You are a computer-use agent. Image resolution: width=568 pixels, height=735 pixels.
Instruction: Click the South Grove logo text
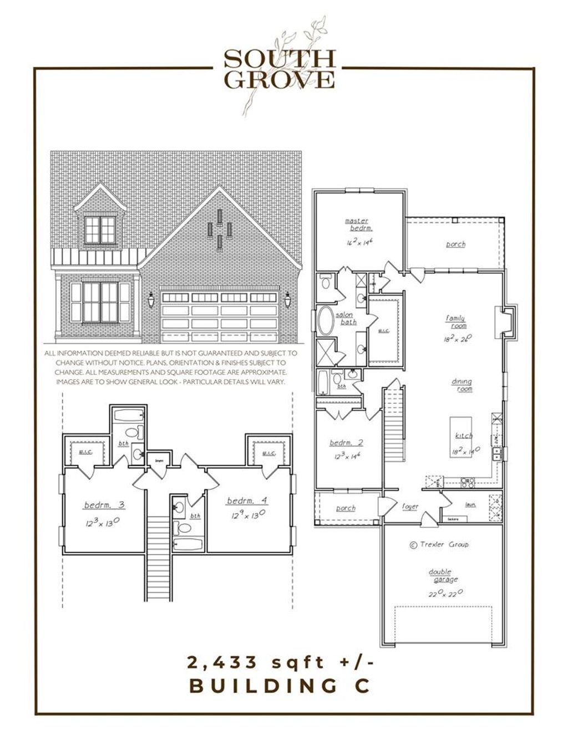(x=280, y=69)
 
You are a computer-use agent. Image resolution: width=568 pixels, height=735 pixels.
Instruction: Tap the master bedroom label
(x=356, y=224)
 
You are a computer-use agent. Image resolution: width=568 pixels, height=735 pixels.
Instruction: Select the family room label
(x=455, y=322)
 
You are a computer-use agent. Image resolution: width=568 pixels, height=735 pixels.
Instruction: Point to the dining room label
(x=461, y=385)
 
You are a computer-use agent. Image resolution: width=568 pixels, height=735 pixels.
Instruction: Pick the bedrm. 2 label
(x=346, y=442)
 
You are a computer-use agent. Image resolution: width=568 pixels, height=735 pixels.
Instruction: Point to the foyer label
(x=410, y=507)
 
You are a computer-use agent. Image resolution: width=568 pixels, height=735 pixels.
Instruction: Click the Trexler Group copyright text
(x=439, y=544)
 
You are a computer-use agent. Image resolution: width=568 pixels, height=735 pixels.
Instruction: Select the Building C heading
(x=280, y=686)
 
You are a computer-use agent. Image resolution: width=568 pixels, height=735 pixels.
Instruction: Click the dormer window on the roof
(x=100, y=229)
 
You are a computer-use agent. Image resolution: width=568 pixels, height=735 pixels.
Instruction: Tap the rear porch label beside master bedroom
(x=455, y=244)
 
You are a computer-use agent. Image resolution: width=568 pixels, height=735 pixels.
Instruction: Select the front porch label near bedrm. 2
(x=346, y=508)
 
